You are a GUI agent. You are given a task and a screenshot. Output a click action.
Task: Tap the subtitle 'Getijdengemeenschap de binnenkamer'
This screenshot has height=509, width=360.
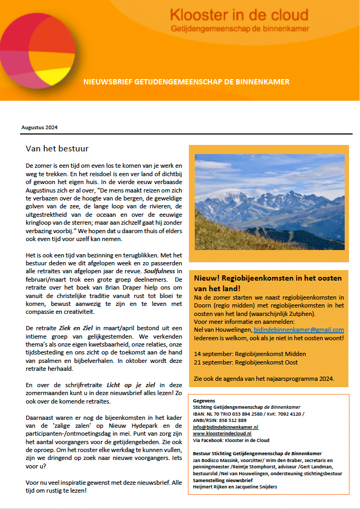tap(240, 28)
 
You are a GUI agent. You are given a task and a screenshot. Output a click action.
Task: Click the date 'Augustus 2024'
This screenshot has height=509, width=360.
tap(40, 128)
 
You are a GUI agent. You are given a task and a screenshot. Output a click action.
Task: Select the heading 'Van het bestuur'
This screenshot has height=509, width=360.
tap(57, 148)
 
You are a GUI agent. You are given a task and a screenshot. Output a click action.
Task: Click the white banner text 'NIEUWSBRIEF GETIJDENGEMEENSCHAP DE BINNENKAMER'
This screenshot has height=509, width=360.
tap(186, 82)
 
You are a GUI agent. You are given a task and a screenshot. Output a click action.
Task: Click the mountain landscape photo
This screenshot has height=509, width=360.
tap(269, 201)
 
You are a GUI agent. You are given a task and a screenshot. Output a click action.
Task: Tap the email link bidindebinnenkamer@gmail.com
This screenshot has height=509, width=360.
tap(299, 330)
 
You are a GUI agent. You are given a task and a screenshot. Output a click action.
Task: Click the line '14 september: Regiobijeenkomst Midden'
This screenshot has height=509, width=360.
tap(250, 353)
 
